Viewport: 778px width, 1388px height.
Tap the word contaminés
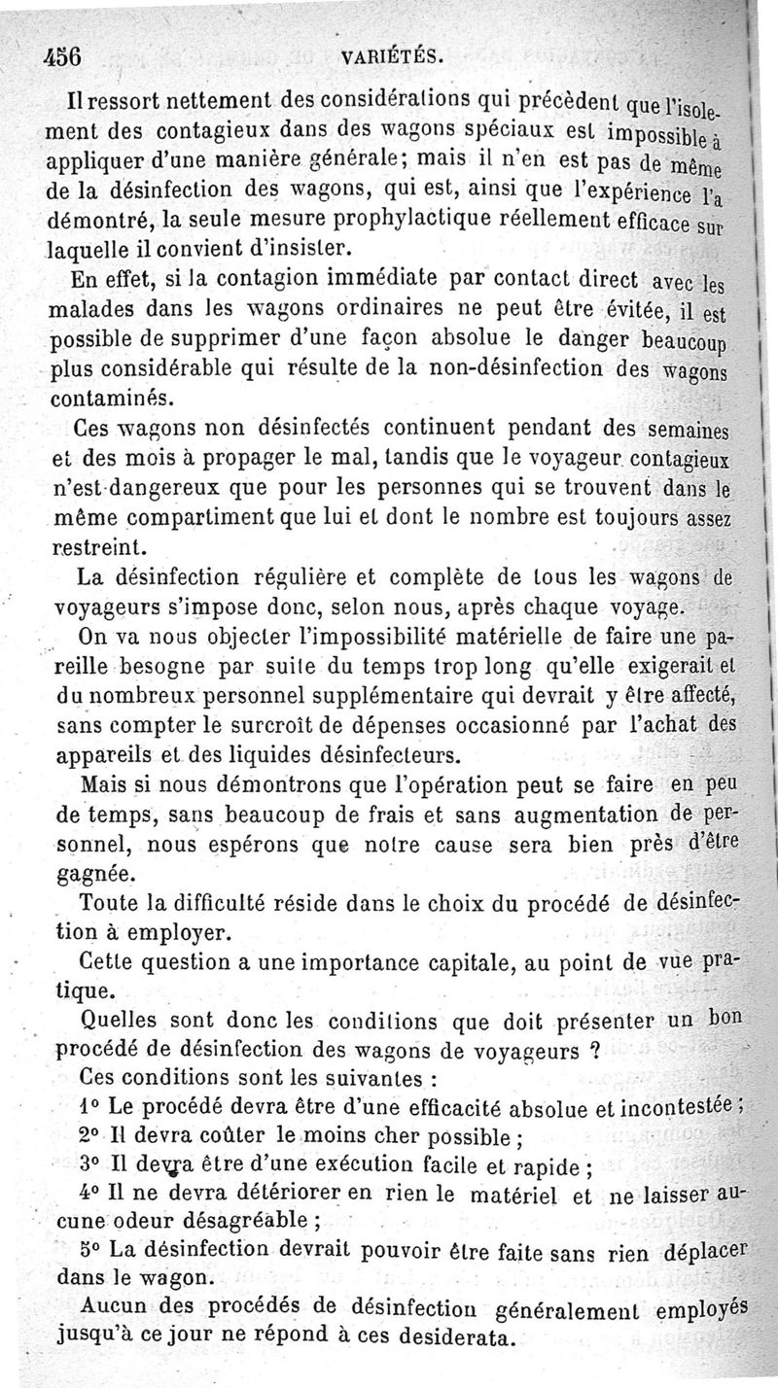(115, 398)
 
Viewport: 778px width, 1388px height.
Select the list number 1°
(90, 1106)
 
